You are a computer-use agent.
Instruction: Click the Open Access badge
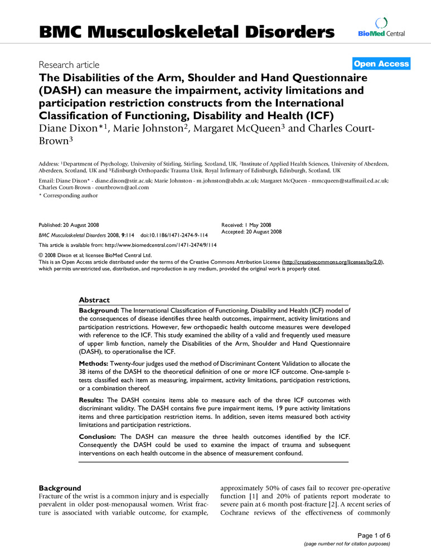coord(381,64)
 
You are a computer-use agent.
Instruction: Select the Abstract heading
coord(94,300)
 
